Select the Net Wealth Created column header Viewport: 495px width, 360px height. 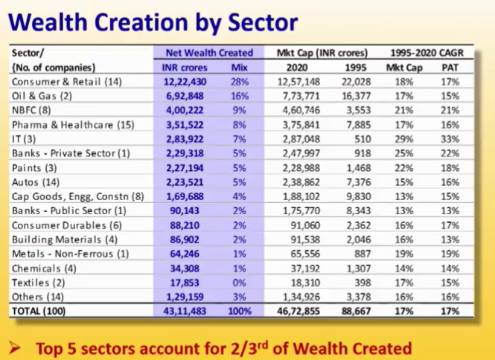click(x=208, y=53)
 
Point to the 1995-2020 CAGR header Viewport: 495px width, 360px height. click(x=430, y=53)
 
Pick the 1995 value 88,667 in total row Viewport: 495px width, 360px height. click(x=355, y=311)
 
